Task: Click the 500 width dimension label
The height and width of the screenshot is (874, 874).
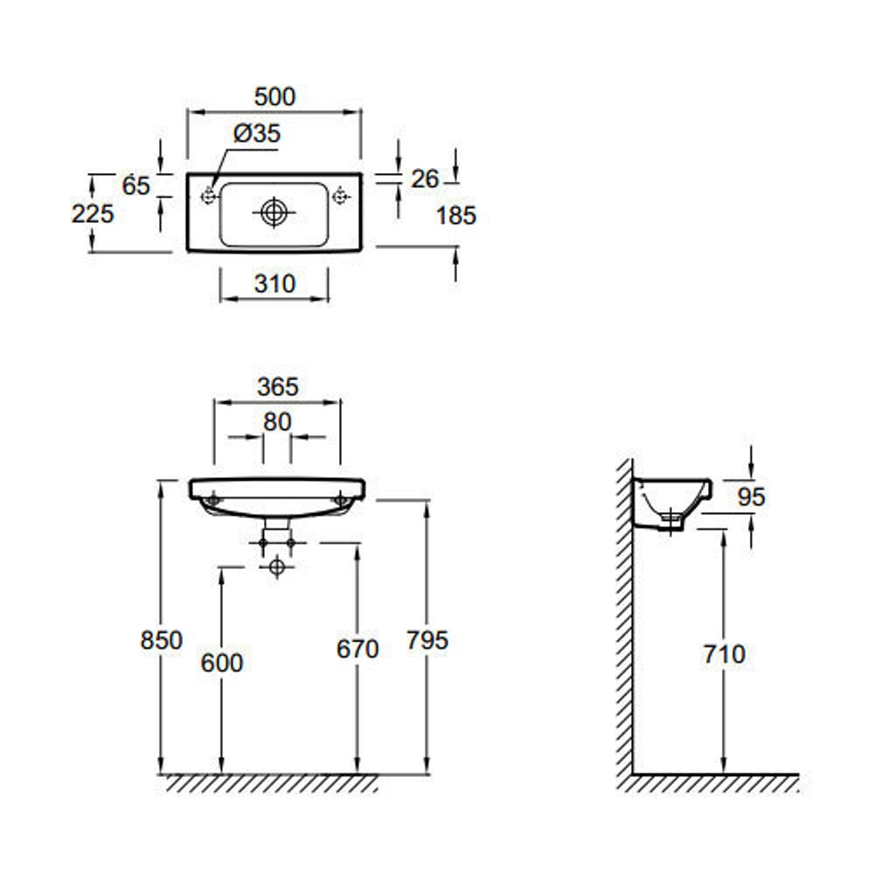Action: point(275,96)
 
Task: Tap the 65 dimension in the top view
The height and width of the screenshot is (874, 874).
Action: point(135,185)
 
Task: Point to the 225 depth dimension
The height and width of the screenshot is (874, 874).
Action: point(93,212)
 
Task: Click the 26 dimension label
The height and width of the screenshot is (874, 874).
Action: point(425,179)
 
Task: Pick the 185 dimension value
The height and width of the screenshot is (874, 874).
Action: point(456,215)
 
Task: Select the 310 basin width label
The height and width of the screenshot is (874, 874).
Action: point(274,283)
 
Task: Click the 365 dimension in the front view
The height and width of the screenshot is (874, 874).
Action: point(278,386)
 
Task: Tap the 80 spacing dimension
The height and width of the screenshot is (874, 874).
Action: point(277,421)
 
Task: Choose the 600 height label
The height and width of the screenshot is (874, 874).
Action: point(221,662)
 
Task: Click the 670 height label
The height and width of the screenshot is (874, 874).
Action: point(357,649)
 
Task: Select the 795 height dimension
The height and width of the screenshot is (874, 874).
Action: point(427,640)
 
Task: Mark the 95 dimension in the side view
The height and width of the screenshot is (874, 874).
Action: point(750,496)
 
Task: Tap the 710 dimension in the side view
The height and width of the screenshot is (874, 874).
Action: point(724,654)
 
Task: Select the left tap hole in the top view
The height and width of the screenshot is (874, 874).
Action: point(208,198)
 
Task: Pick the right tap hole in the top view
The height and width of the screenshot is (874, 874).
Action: point(340,198)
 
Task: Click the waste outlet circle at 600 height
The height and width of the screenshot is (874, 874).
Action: point(277,567)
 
